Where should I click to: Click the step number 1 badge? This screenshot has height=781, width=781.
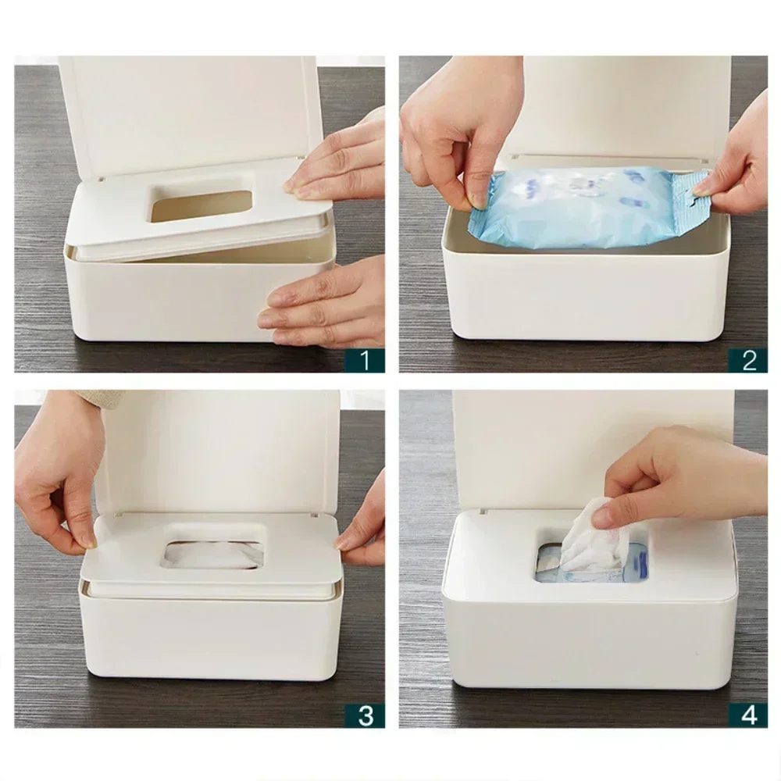point(365,360)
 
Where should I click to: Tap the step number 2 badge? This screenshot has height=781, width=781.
point(748,360)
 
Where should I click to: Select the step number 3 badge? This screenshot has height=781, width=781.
point(365,715)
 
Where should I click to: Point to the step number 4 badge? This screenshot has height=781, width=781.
point(748,715)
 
